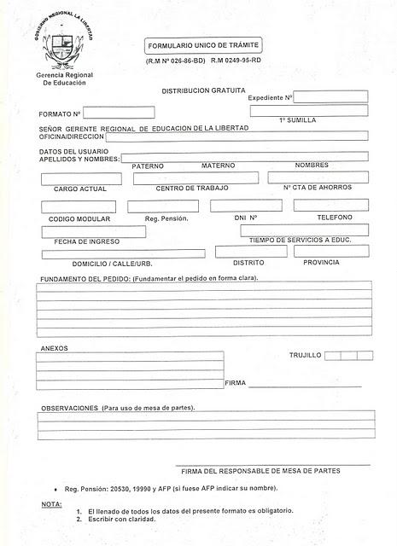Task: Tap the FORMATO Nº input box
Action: tap(119, 113)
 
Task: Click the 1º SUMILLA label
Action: tap(299, 121)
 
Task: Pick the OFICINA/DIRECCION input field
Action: tap(248, 136)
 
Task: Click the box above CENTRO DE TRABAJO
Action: tap(196, 178)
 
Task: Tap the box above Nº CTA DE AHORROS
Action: tap(318, 177)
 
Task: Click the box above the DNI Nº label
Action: tap(246, 206)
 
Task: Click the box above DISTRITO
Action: tap(251, 252)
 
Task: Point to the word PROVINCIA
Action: tap(321, 263)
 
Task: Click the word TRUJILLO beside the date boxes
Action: tap(305, 355)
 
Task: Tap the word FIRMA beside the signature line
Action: tap(235, 383)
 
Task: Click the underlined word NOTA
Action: tap(51, 505)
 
